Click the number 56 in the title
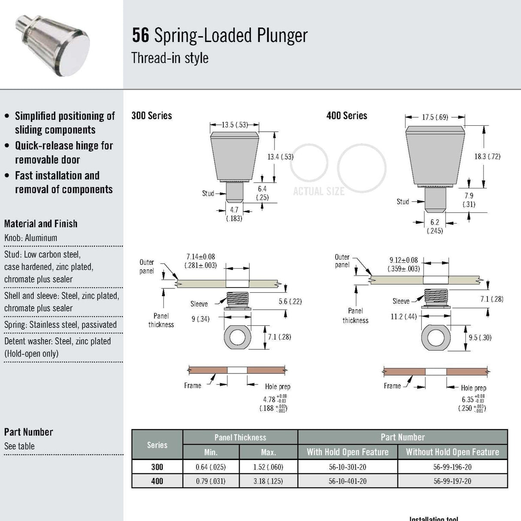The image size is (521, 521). pyautogui.click(x=140, y=35)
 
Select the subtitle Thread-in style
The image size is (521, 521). pyautogui.click(x=170, y=58)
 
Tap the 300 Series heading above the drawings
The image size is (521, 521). pyautogui.click(x=151, y=115)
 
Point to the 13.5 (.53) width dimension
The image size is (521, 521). pyautogui.click(x=235, y=125)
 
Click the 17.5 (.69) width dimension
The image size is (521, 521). pyautogui.click(x=435, y=117)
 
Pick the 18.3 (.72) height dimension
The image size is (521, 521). pyautogui.click(x=487, y=157)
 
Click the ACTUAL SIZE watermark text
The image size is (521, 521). pyautogui.click(x=318, y=192)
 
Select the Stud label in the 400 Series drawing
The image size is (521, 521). pyautogui.click(x=403, y=202)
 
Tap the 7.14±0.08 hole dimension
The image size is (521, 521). pyautogui.click(x=200, y=261)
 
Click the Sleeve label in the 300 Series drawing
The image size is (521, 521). pyautogui.click(x=199, y=304)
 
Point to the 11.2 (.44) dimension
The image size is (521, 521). pyautogui.click(x=403, y=317)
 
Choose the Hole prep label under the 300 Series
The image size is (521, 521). pyautogui.click(x=277, y=387)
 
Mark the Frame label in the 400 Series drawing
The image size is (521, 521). pyautogui.click(x=392, y=386)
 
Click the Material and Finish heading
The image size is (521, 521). pyautogui.click(x=41, y=224)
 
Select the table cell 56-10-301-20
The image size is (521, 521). pyautogui.click(x=348, y=467)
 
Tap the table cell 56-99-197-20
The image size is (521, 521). pyautogui.click(x=452, y=481)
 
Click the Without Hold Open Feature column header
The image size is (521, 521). pyautogui.click(x=452, y=452)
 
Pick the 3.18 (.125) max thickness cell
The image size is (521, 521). pyautogui.click(x=268, y=481)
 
